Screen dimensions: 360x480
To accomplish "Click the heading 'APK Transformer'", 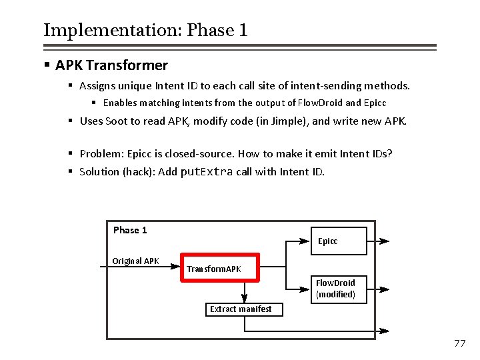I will [x=111, y=65].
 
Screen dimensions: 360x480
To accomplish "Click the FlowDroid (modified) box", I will [x=340, y=289].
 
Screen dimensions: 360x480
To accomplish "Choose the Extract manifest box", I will [x=241, y=309].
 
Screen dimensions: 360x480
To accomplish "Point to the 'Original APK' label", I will [x=135, y=261].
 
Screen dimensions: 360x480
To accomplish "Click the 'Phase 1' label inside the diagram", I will [x=130, y=230].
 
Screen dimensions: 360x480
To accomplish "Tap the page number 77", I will [x=459, y=343].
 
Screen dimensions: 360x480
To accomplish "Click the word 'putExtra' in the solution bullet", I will [x=207, y=171].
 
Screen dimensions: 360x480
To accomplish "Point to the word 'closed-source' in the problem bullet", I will [x=201, y=153].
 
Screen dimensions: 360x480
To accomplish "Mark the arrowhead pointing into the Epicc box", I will [x=308, y=241].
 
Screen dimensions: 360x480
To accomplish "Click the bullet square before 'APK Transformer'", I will [x=47, y=65].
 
